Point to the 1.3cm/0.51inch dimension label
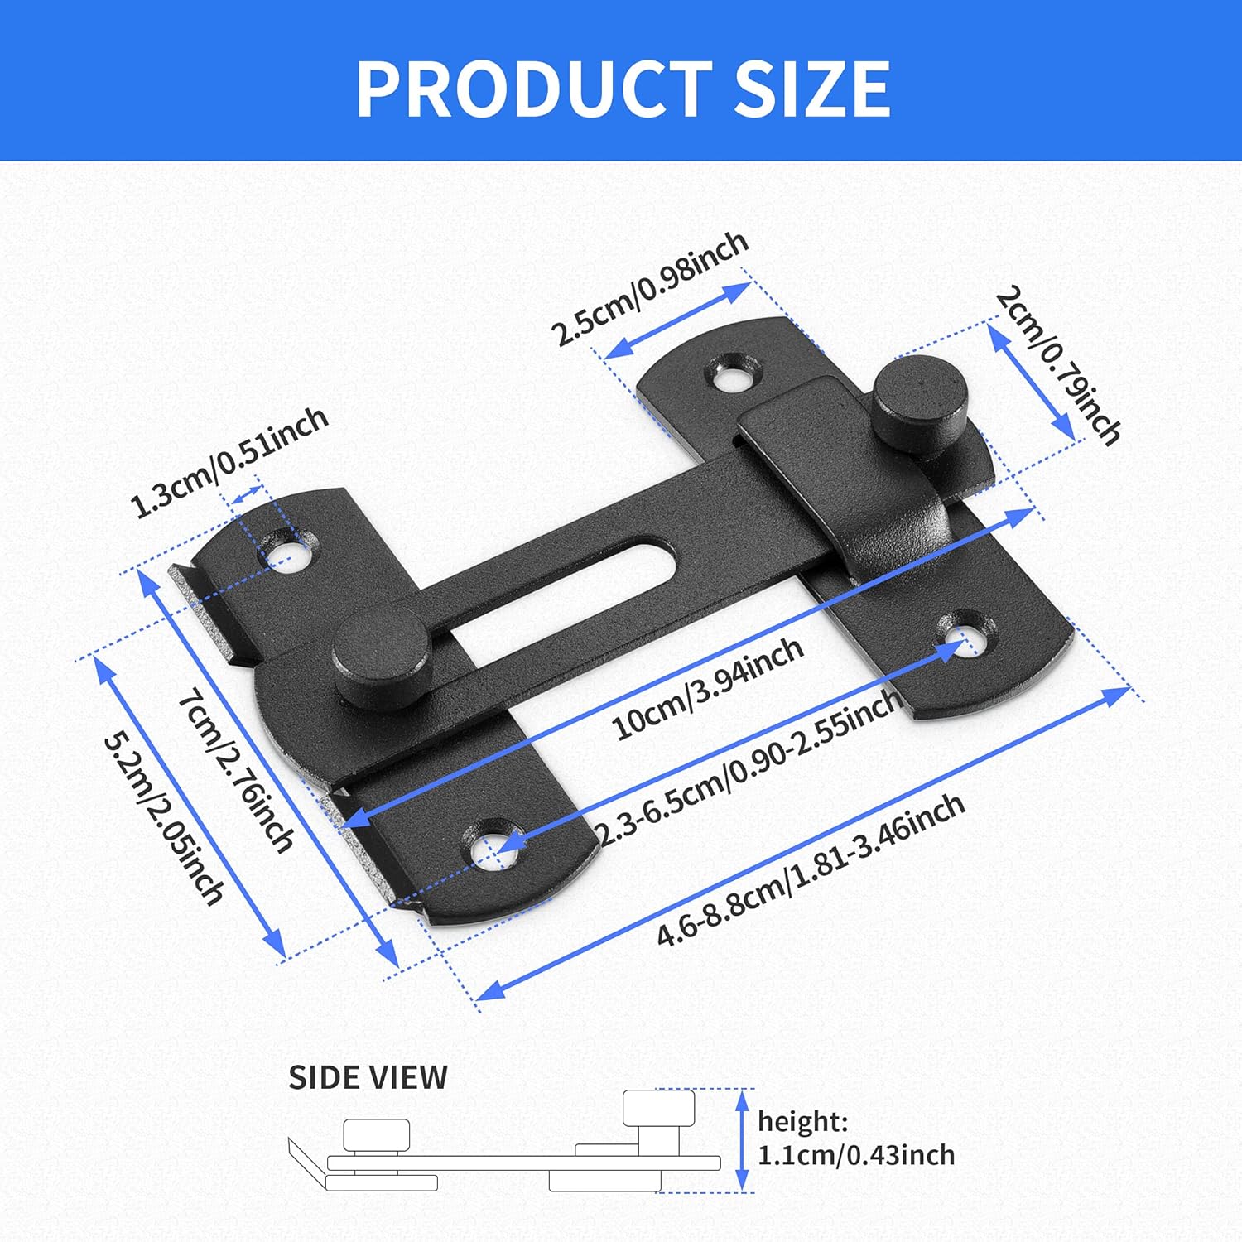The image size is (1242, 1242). [x=230, y=462]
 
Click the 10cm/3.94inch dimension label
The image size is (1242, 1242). [x=707, y=688]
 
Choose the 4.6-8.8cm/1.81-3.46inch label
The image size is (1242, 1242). [x=811, y=869]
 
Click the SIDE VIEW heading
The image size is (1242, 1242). [x=368, y=1077]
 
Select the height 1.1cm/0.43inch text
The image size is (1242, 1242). [x=855, y=1138]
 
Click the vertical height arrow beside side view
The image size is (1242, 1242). [x=742, y=1141]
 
